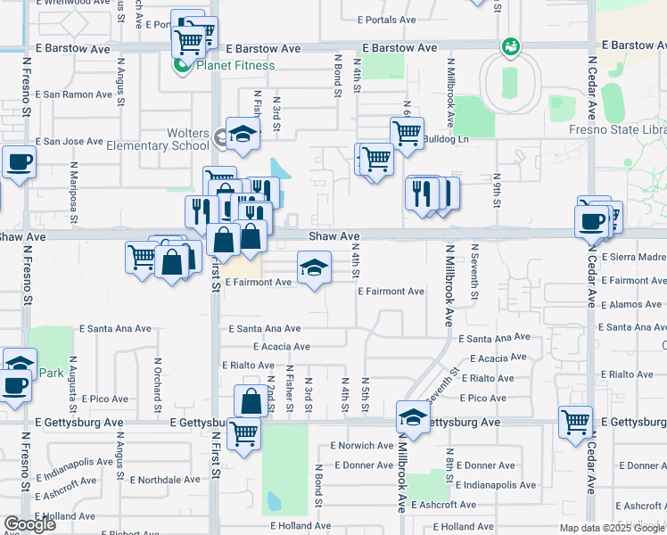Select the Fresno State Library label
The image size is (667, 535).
[x=616, y=130]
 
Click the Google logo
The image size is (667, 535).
[x=29, y=524]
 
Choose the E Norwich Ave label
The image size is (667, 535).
[x=361, y=445]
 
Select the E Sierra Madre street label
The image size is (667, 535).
[x=634, y=257]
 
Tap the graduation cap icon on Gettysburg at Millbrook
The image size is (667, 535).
[x=413, y=417]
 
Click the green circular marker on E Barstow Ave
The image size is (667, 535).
[x=510, y=45]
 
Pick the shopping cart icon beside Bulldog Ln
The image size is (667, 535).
[x=406, y=133]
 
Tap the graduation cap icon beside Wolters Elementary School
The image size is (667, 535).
[x=242, y=134]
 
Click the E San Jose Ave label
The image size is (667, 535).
[x=74, y=141]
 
